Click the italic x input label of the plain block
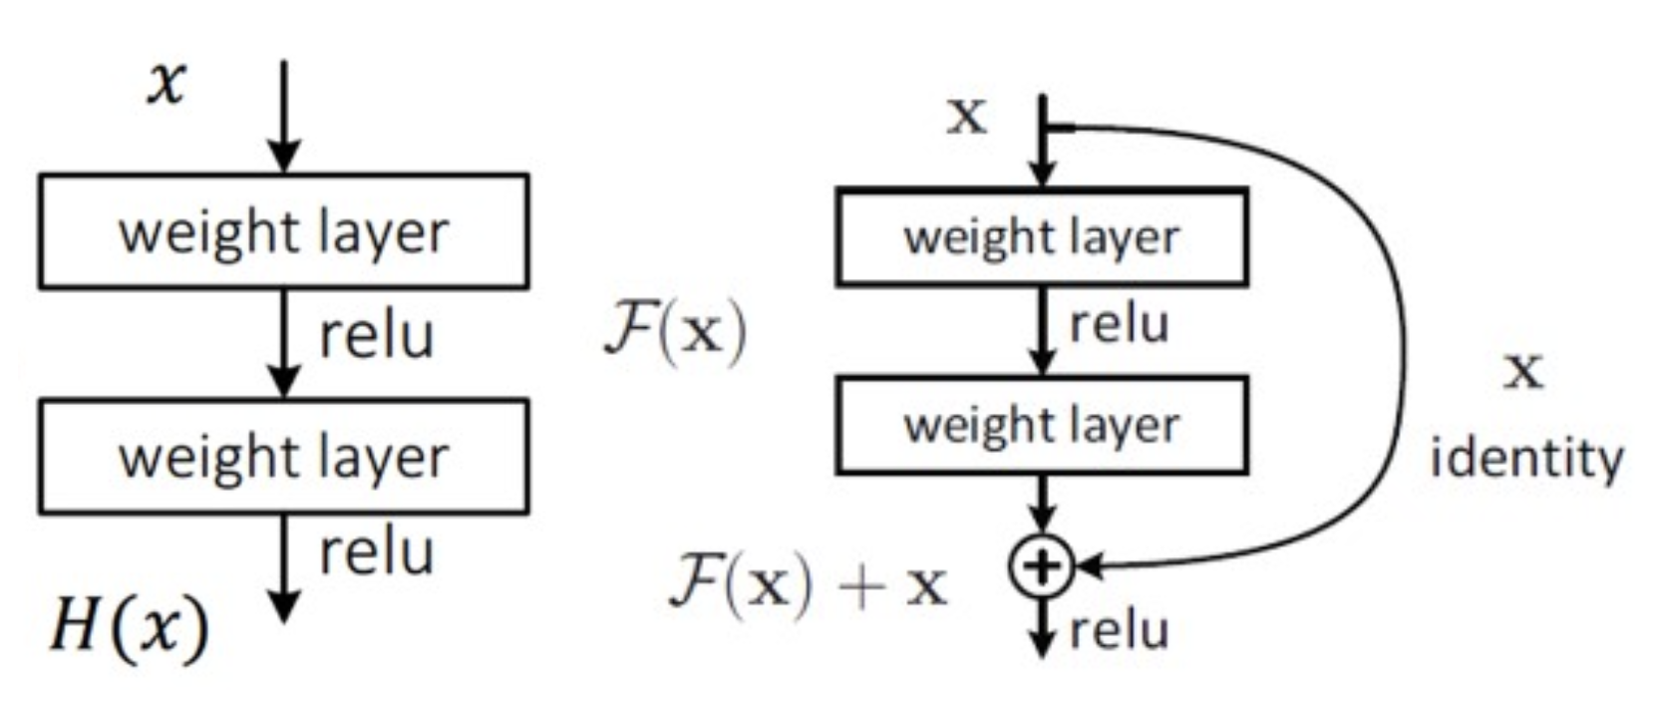click(x=166, y=82)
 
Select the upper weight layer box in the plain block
click(x=284, y=231)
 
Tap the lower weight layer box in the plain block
click(x=284, y=457)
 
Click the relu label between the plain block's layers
click(x=376, y=336)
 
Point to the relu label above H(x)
click(x=376, y=552)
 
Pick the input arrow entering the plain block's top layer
click(x=284, y=115)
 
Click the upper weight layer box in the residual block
click(x=1041, y=237)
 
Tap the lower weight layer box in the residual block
click(x=1041, y=425)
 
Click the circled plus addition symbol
click(x=1041, y=566)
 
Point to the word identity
click(x=1526, y=460)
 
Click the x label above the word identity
click(x=1522, y=371)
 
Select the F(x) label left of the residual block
click(x=675, y=331)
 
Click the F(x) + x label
click(x=808, y=584)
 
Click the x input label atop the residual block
click(x=965, y=116)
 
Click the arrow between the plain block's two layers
click(x=284, y=344)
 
